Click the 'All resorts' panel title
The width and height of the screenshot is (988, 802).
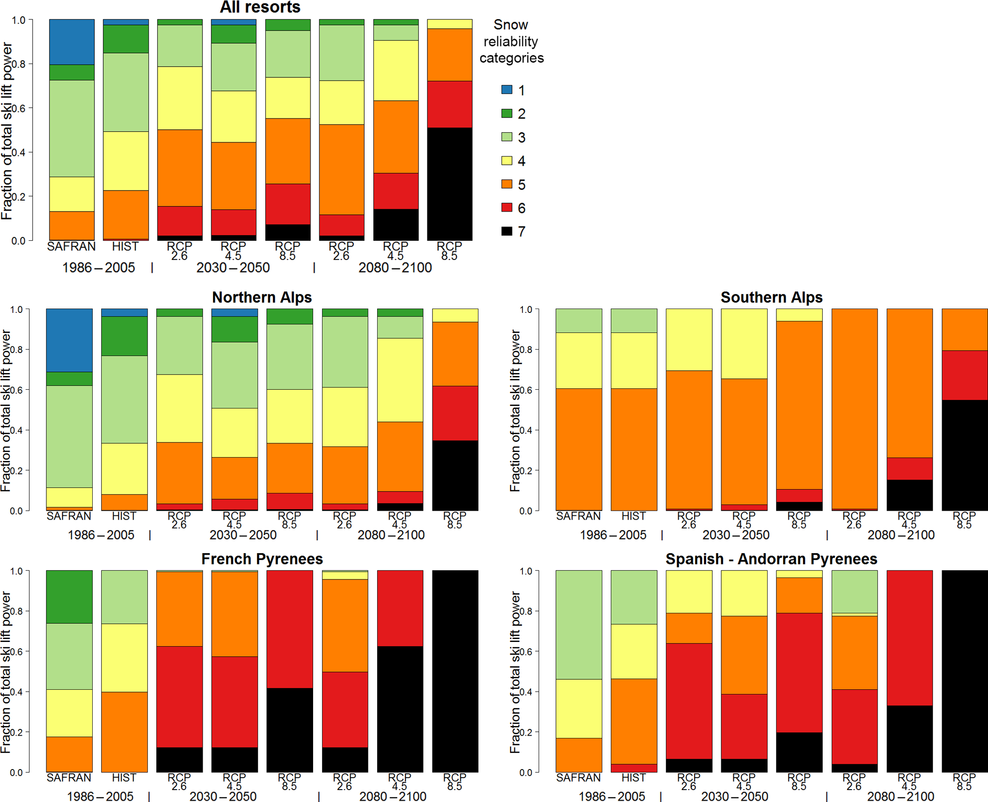pyautogui.click(x=260, y=7)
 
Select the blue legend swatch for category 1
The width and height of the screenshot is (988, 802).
pyautogui.click(x=507, y=89)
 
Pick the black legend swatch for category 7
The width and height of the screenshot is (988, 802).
pyautogui.click(x=507, y=231)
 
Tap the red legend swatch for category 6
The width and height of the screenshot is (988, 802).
pyautogui.click(x=507, y=208)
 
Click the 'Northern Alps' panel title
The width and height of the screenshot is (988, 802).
pyautogui.click(x=262, y=297)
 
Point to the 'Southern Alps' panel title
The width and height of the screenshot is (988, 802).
pyautogui.click(x=771, y=297)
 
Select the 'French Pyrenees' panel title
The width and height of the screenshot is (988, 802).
pyautogui.click(x=262, y=559)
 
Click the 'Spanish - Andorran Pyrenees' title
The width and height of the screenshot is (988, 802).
pyautogui.click(x=771, y=559)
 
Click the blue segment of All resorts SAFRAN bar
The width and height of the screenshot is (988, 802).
pyautogui.click(x=72, y=42)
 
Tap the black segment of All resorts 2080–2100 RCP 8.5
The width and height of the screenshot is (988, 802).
pyautogui.click(x=449, y=184)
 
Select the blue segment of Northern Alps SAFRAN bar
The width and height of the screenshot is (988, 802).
pyautogui.click(x=69, y=340)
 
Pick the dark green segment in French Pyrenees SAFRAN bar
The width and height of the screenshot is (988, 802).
pyautogui.click(x=69, y=597)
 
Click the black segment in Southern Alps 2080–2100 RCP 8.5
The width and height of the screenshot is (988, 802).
pyautogui.click(x=964, y=455)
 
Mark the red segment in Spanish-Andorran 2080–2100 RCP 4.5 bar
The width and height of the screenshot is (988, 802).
pyautogui.click(x=909, y=638)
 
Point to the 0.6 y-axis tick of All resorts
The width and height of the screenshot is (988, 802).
pyautogui.click(x=19, y=108)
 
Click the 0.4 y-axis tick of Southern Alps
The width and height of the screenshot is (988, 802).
pyautogui.click(x=526, y=430)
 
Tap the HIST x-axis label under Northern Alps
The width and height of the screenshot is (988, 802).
pyautogui.click(x=124, y=516)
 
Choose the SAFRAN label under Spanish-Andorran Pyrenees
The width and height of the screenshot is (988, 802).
pyautogui.click(x=578, y=778)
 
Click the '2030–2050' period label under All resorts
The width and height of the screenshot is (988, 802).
pyautogui.click(x=233, y=267)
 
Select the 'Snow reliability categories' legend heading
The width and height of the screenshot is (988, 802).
pyautogui.click(x=511, y=41)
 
